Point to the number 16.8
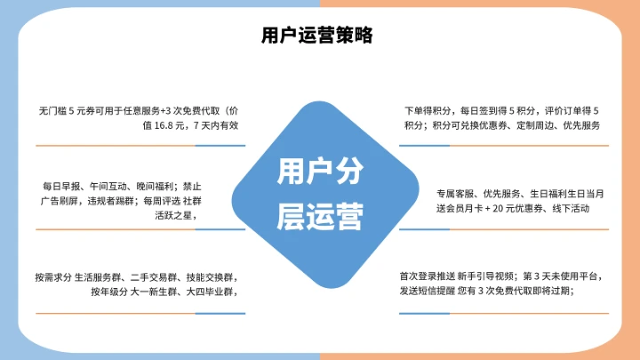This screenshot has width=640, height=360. [167, 125]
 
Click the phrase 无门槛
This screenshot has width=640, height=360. [52, 111]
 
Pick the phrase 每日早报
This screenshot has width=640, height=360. [59, 187]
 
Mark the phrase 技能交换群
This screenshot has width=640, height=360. [210, 276]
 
